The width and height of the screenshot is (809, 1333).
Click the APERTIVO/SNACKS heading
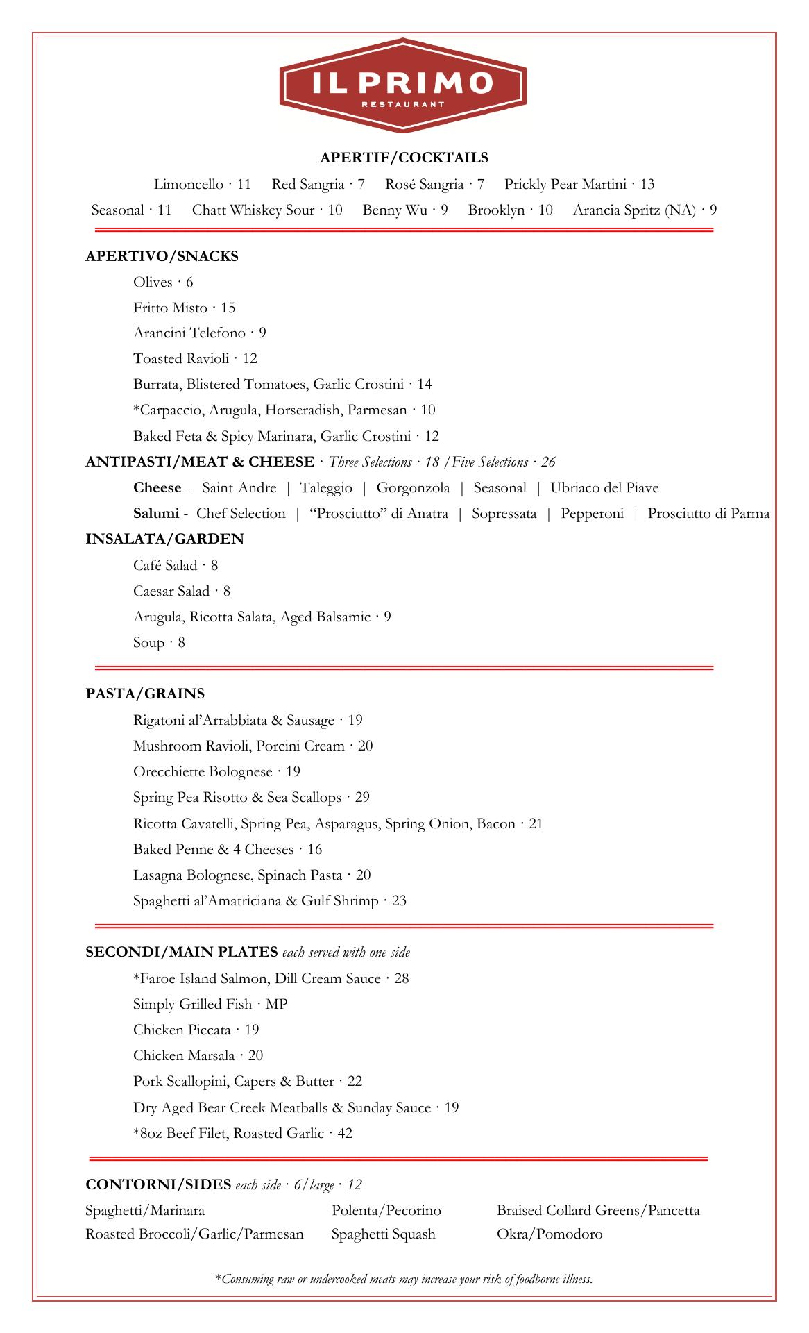pos(162,256)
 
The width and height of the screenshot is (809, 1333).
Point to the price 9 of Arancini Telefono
pos(262,333)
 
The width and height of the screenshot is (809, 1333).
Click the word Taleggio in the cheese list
pos(326,488)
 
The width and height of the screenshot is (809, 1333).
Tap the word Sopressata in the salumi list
pos(504,514)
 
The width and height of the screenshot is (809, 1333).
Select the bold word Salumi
pos(156,514)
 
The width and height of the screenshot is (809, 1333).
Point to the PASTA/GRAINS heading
pos(145,694)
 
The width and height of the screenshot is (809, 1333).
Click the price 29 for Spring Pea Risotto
pos(362,798)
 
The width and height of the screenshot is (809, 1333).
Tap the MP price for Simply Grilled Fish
pos(276,1005)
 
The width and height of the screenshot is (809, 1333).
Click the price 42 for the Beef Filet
pos(345,1134)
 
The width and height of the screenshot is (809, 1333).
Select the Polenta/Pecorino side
pos(386,1211)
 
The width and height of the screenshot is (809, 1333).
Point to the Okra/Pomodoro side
pos(550,1234)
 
